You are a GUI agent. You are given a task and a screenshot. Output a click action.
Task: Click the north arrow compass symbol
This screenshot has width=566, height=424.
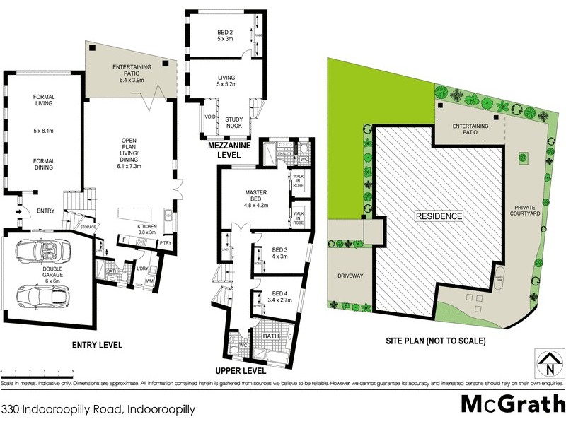pos(549,363)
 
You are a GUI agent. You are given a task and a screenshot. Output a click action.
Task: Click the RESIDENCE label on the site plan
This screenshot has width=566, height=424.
pos(439,216)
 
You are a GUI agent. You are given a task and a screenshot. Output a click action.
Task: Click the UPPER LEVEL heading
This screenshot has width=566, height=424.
pos(242,370)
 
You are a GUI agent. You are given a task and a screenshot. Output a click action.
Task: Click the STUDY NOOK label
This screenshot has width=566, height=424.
pos(233,122)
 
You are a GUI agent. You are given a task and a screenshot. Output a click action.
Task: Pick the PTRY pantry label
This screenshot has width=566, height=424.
pos(167,242)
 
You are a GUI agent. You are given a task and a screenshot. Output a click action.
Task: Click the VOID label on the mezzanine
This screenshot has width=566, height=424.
pos(210,117)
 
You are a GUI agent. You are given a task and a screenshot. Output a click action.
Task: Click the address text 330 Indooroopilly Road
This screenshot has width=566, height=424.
pos(88,408)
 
